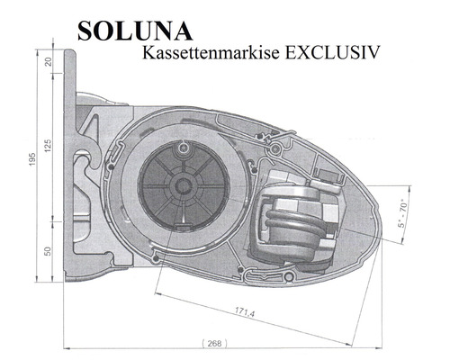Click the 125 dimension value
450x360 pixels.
[x=48, y=145]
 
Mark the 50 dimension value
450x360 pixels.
[x=48, y=248]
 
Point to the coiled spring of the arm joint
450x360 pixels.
[x=291, y=222]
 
